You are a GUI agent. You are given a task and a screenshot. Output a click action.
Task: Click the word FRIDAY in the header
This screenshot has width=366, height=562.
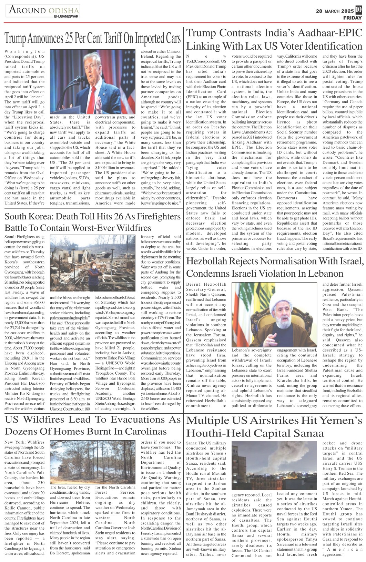click(x=352, y=18)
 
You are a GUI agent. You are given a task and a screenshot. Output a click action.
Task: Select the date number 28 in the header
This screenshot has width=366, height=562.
click(x=319, y=11)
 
